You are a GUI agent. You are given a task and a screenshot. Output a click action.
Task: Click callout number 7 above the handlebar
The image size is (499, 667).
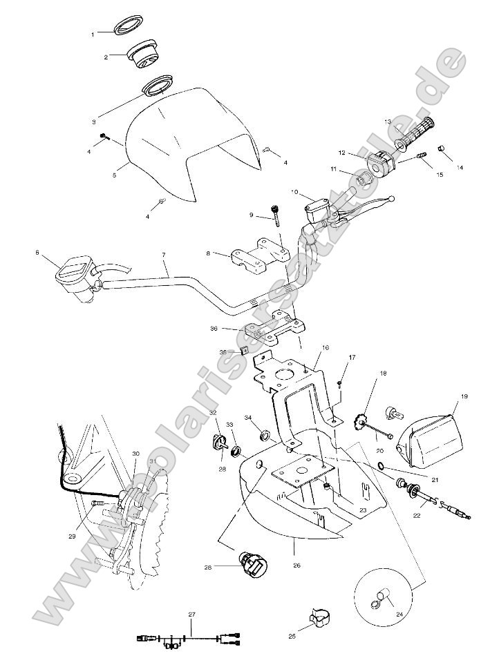click(x=164, y=255)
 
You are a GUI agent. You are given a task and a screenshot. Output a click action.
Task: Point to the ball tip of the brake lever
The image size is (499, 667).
click(x=393, y=199)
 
